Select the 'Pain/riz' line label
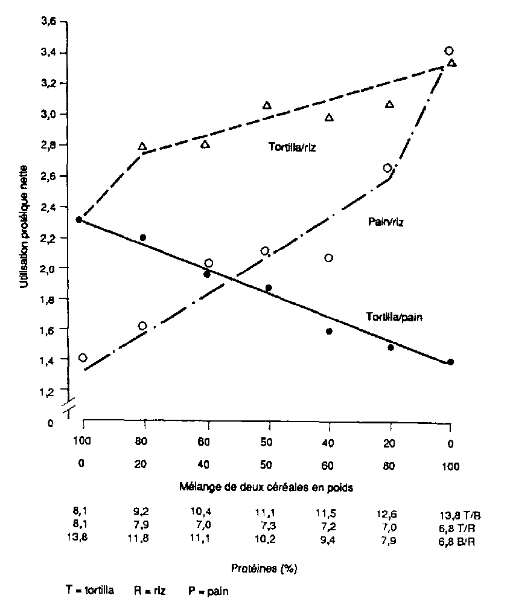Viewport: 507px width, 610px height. click(x=386, y=222)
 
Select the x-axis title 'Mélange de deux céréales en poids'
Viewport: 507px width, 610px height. click(x=266, y=486)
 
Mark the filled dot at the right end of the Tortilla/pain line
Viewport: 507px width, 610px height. click(x=450, y=362)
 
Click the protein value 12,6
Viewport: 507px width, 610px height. click(x=389, y=515)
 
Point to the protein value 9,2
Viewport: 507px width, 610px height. click(x=142, y=515)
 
